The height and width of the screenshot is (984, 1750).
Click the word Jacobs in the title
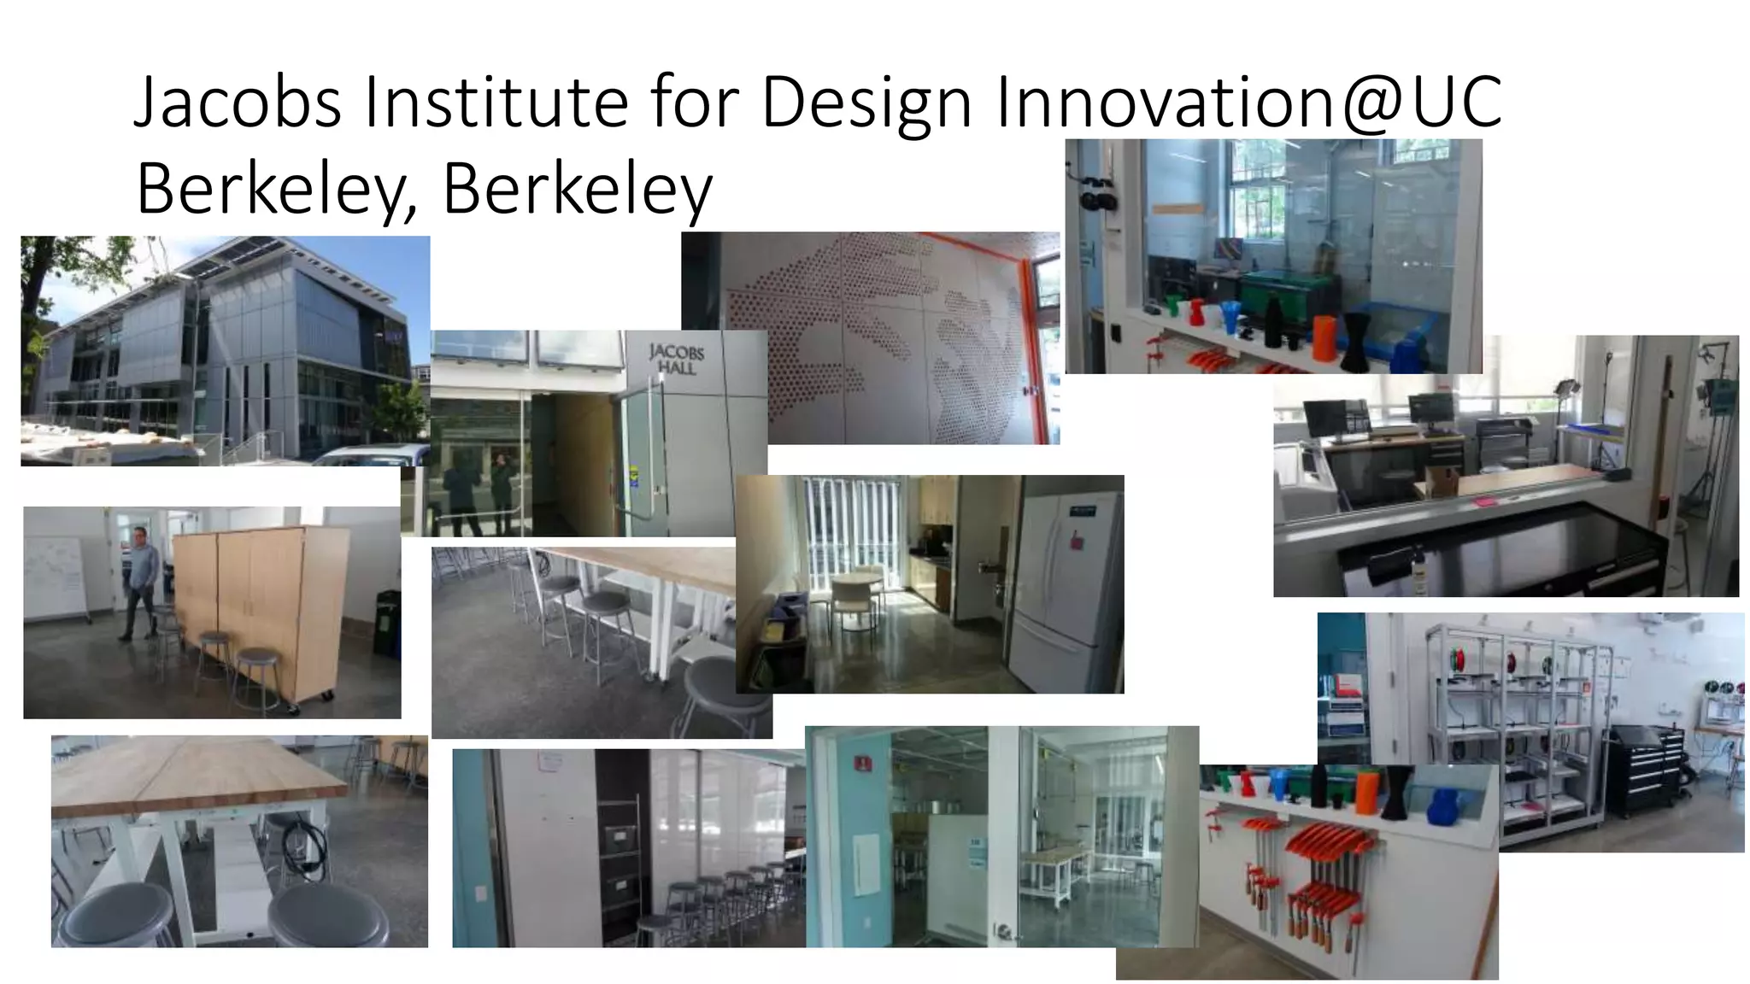coord(238,102)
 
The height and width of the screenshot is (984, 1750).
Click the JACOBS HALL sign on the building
coord(676,358)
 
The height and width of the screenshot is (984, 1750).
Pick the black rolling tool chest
coord(1645,769)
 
